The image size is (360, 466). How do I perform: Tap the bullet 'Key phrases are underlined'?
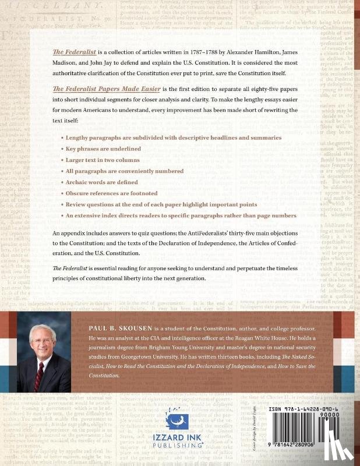point(103,149)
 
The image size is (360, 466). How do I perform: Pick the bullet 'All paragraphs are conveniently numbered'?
point(125,171)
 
